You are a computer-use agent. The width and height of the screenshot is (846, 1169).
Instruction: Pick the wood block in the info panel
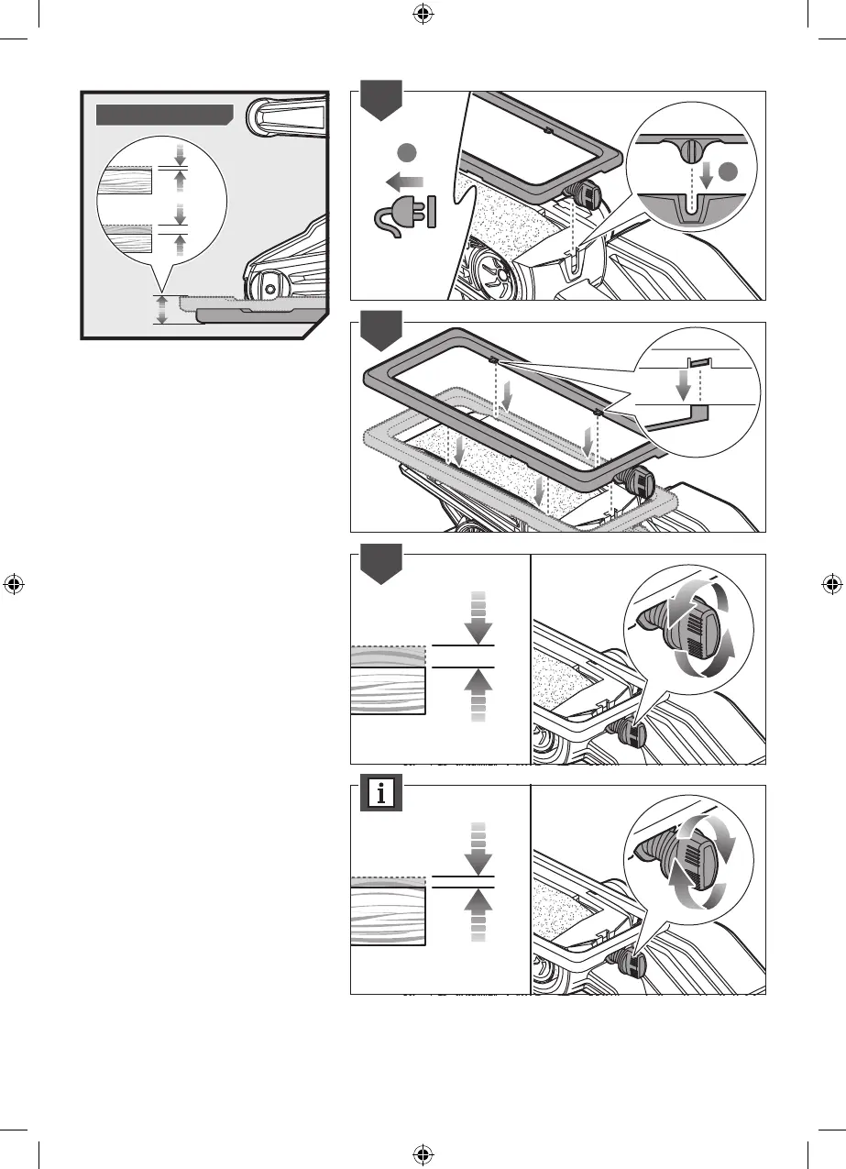(388, 912)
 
